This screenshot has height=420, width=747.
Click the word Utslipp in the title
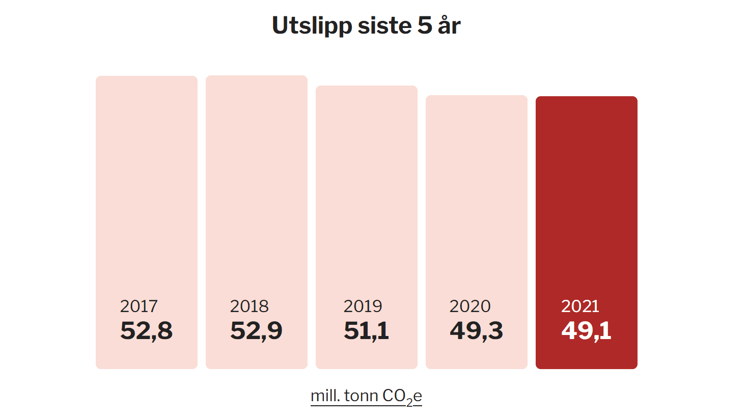pos(312,25)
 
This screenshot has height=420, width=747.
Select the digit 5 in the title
pos(425,25)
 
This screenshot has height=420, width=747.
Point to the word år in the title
pos(449,25)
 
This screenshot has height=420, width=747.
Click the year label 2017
pos(139,306)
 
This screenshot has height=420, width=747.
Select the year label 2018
pos(249,306)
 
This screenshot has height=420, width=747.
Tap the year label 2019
pos(363,306)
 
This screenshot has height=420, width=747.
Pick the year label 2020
pos(470,306)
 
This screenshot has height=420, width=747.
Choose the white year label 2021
pos(580,306)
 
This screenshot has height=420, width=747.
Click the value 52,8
pos(146,331)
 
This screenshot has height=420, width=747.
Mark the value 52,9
pos(256,331)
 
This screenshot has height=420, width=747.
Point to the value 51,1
pos(366,331)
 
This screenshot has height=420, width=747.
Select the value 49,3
pos(476,331)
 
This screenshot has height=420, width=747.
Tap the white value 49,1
pos(586,331)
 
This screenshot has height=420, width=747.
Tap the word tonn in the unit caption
pos(361,396)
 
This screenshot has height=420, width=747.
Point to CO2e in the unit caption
pos(402,396)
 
